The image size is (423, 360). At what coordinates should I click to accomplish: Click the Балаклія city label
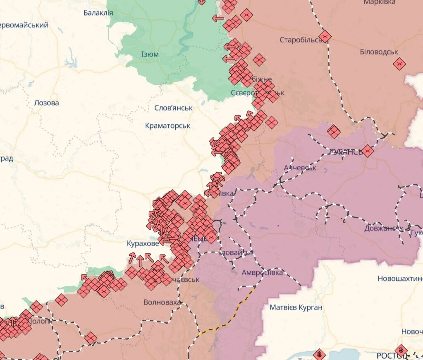pyautogui.click(x=98, y=13)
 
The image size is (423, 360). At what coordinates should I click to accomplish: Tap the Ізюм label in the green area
pyautogui.click(x=150, y=54)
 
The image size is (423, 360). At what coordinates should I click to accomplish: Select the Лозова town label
pyautogui.click(x=46, y=103)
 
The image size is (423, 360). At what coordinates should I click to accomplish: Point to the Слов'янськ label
pyautogui.click(x=173, y=108)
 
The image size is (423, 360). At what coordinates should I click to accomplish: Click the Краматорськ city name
pyautogui.click(x=167, y=125)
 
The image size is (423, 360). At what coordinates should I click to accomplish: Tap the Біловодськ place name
pyautogui.click(x=379, y=52)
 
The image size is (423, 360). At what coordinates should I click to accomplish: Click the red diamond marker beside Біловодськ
pyautogui.click(x=399, y=64)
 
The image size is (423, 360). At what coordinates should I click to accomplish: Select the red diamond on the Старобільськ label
pyautogui.click(x=325, y=36)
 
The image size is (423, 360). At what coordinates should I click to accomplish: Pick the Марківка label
pyautogui.click(x=380, y=3)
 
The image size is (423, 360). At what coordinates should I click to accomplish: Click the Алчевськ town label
pyautogui.click(x=300, y=168)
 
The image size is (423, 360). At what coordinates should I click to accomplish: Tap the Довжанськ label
pyautogui.click(x=383, y=228)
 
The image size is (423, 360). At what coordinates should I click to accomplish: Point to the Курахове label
pyautogui.click(x=143, y=244)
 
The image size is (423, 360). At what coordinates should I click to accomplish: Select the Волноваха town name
pyautogui.click(x=162, y=302)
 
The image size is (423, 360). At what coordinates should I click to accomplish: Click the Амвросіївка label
pyautogui.click(x=262, y=273)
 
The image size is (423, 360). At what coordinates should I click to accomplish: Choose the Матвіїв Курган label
pyautogui.click(x=296, y=307)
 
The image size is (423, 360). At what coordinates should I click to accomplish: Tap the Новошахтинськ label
pyautogui.click(x=399, y=279)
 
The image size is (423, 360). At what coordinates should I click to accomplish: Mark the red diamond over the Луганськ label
pyautogui.click(x=367, y=151)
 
